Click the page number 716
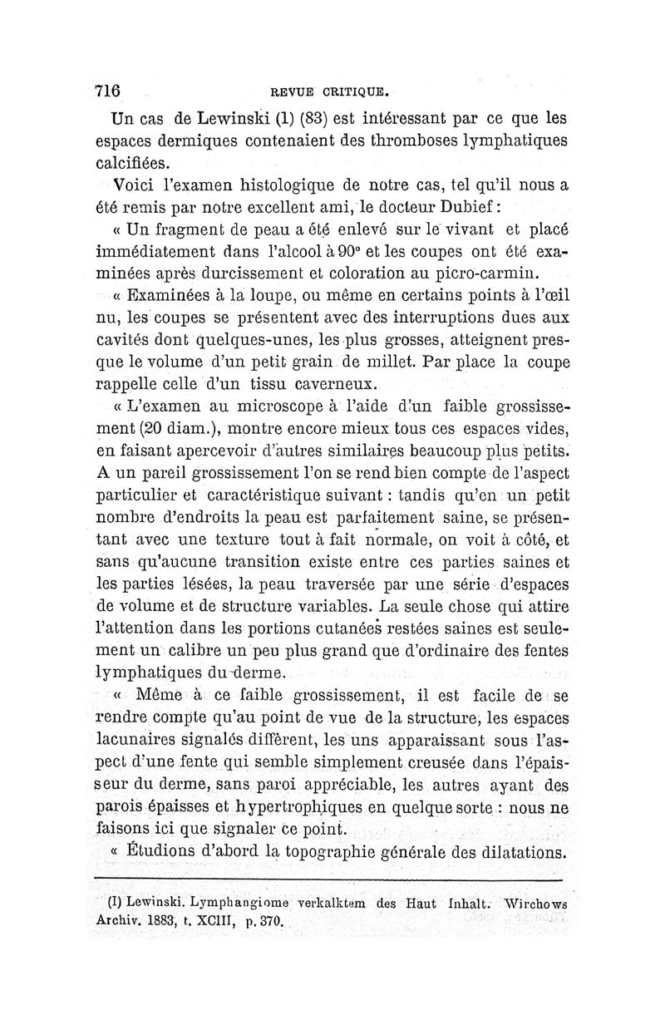109,91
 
